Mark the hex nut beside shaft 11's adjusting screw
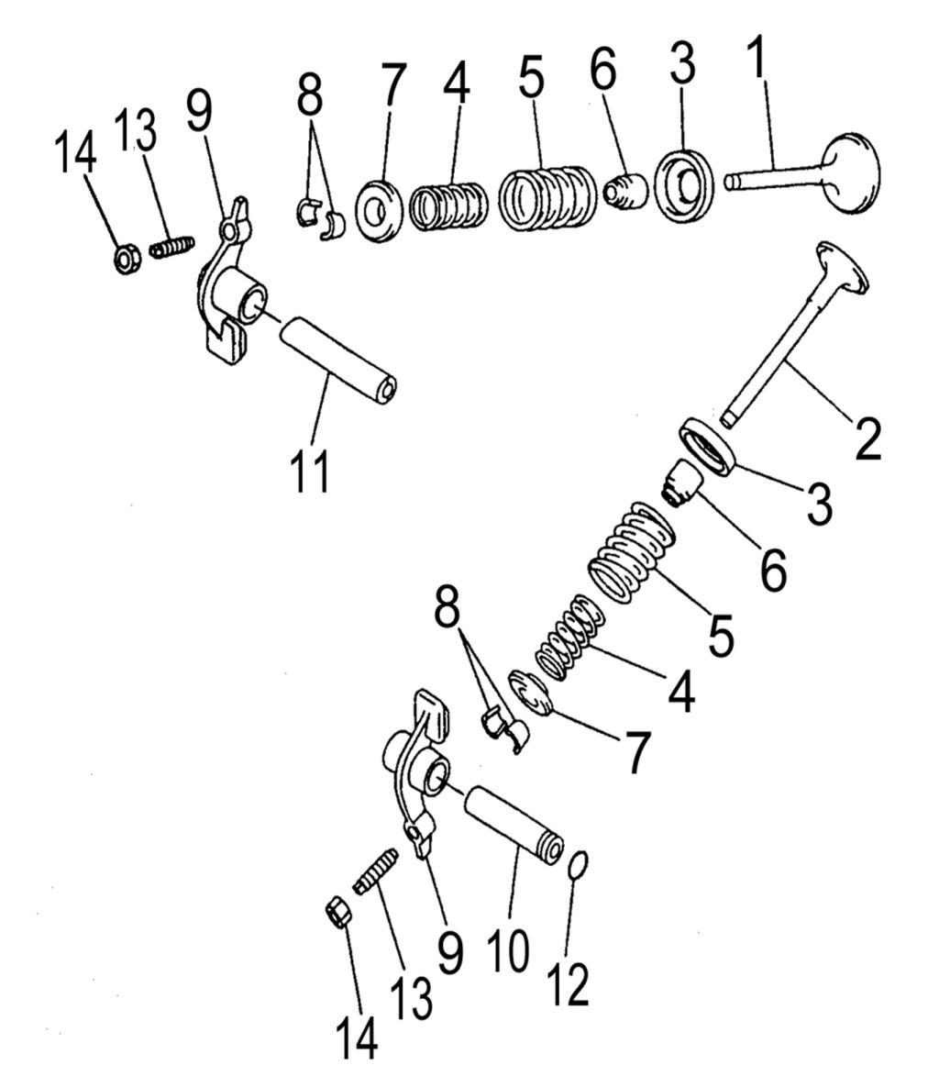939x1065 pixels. (126, 259)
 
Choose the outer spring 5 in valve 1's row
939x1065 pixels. (547, 196)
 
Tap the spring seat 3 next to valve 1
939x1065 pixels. (683, 184)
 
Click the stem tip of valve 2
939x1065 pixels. (728, 418)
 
